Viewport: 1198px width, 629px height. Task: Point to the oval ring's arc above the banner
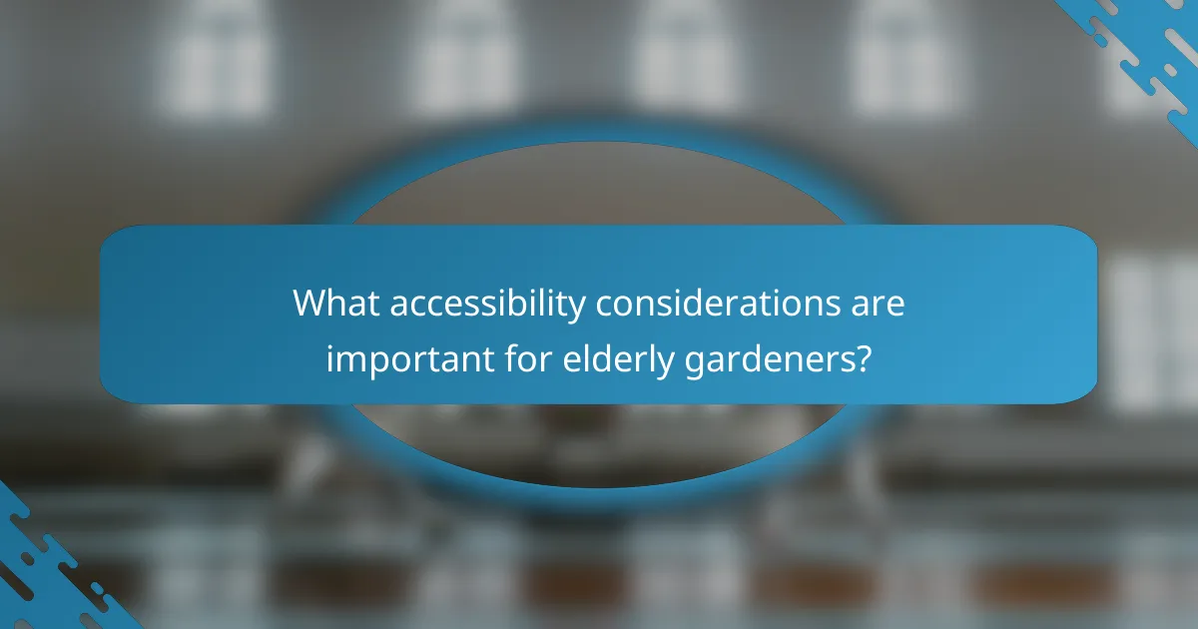pyautogui.click(x=599, y=133)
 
